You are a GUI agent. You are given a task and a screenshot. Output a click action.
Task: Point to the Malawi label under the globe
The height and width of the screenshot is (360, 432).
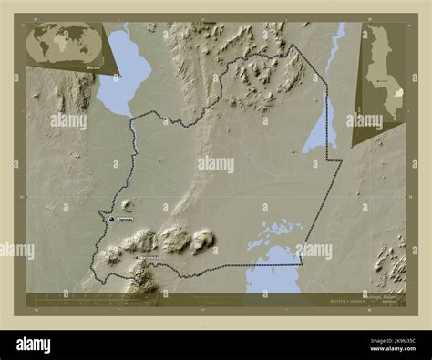(94, 67)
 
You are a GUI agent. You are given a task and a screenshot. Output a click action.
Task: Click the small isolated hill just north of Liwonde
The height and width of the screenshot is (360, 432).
(126, 204)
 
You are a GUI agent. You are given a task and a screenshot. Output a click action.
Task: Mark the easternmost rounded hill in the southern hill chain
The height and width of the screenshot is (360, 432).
(202, 240)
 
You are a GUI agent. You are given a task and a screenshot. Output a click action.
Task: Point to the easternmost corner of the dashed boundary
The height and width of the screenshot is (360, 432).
(341, 163)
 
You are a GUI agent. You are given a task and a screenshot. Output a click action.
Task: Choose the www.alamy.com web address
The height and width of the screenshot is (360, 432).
(390, 351)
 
